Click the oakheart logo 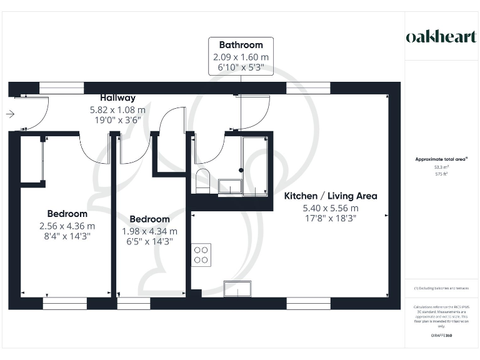click(x=441, y=36)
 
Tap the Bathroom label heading click(x=241, y=45)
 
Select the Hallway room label click(x=117, y=97)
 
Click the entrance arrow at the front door click(x=11, y=114)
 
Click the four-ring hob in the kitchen click(x=201, y=254)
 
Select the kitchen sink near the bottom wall click(x=237, y=288)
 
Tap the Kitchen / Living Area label click(x=331, y=196)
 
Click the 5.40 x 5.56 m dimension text click(x=331, y=207)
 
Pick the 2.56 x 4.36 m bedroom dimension click(x=67, y=226)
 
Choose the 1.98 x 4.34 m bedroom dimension click(x=149, y=231)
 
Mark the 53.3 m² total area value click(x=441, y=167)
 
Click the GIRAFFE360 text click(x=441, y=336)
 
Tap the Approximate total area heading click(x=441, y=159)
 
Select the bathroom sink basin click(x=230, y=186)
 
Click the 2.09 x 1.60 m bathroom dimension click(x=241, y=56)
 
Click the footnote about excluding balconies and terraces click(x=441, y=288)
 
